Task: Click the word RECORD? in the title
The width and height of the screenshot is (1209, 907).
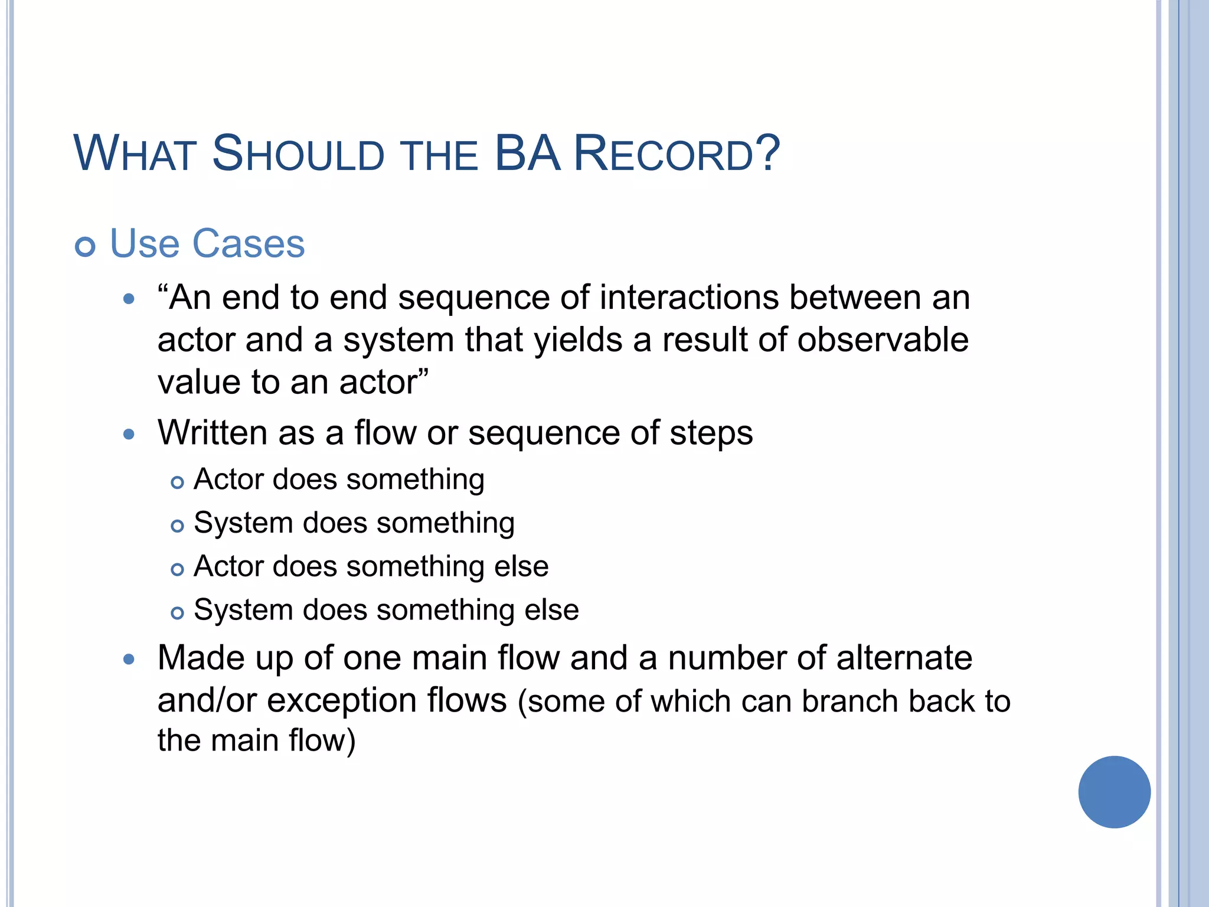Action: (677, 154)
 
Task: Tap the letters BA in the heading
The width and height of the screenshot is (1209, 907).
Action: (527, 154)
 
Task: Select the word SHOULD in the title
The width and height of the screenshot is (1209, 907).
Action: (298, 154)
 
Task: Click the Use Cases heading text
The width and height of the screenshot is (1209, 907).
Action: (207, 243)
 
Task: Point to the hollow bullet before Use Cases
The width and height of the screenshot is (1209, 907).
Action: (85, 246)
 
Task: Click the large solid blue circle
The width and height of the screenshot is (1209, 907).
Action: (1114, 792)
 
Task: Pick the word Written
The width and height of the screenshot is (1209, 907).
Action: (213, 432)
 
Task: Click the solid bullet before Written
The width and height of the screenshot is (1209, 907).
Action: (129, 435)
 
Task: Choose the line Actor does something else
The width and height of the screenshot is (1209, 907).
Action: (371, 566)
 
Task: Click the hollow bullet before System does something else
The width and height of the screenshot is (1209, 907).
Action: (177, 614)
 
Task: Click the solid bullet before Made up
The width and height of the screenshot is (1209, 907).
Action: (129, 660)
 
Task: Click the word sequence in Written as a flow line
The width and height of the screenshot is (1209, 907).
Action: (544, 433)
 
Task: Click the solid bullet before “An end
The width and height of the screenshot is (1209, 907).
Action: (129, 299)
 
